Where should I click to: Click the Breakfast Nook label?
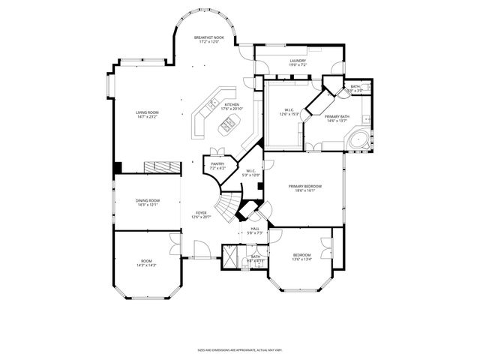[209, 37]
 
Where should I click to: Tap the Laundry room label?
[298, 61]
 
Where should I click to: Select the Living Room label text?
[147, 112]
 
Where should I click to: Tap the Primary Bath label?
[337, 117]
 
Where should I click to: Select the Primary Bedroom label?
[305, 186]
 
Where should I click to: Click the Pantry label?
[217, 164]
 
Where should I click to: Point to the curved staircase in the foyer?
[227, 203]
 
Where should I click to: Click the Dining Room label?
[147, 200]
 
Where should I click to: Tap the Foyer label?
[201, 213]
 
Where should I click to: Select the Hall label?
[255, 229]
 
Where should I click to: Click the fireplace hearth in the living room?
[159, 166]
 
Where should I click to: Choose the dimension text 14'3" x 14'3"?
[146, 265]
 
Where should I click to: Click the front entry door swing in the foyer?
[199, 249]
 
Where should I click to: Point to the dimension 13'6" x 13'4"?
[301, 260]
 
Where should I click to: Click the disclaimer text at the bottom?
[239, 349]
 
